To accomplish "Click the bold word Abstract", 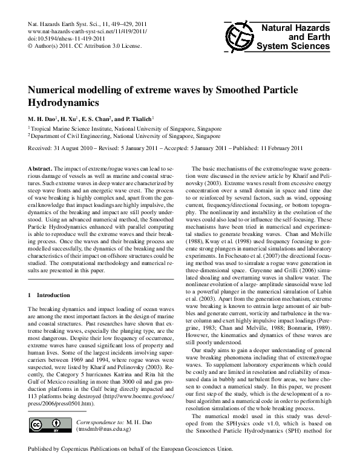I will (x=41, y=166).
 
